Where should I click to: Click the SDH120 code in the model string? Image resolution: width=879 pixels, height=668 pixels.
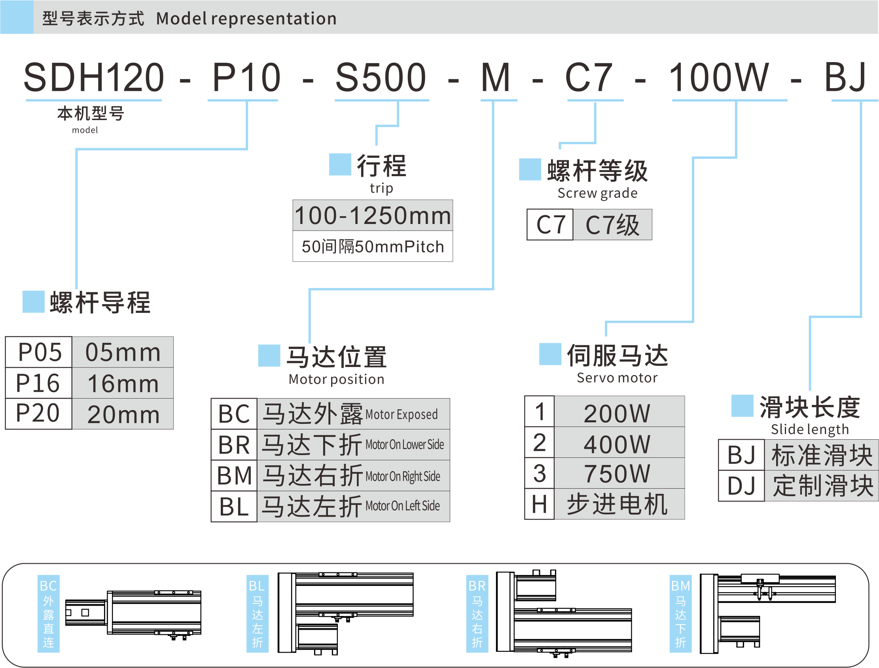94,77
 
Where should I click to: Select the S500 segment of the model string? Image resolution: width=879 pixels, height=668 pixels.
381,77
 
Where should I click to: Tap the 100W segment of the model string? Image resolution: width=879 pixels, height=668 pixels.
718,77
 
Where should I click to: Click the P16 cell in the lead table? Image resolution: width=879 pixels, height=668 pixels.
38,383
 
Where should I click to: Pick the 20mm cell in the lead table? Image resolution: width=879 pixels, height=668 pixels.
123,414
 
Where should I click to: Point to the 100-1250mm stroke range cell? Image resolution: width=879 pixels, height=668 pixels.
373,216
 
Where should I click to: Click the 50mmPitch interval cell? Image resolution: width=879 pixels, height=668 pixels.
373,247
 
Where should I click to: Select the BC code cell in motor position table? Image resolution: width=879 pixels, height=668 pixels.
234,414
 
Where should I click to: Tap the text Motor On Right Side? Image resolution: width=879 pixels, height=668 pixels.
402,476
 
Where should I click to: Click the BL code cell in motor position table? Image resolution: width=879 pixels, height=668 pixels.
234,506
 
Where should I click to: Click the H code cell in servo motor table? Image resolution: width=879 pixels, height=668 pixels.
540,504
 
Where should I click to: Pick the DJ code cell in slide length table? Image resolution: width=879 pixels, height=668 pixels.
741,486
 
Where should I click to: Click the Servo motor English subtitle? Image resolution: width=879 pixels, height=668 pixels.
617,378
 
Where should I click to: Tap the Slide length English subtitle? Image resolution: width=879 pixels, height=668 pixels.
810,429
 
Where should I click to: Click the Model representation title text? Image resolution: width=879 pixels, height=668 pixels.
246,18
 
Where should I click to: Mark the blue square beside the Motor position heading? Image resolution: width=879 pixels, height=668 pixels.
269,356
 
